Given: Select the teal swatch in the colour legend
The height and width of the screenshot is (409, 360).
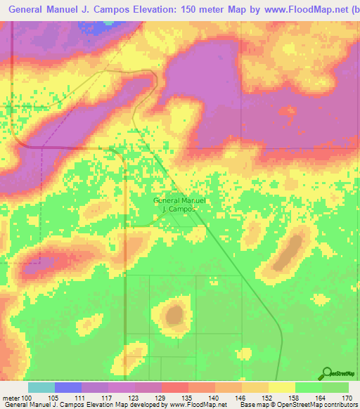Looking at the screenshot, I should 41,387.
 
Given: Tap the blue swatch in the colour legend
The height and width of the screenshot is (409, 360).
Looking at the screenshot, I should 68,387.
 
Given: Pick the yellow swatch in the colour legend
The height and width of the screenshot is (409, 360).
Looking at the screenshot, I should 282,387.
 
